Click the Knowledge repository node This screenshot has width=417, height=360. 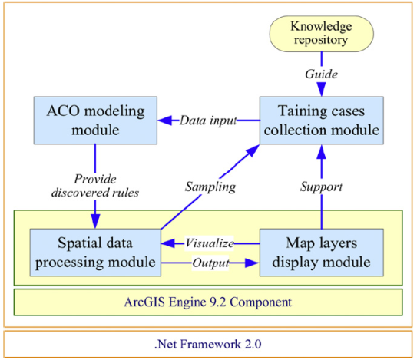pos(322,34)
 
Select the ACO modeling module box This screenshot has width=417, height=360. pos(95,121)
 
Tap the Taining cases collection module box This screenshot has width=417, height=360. pos(322,121)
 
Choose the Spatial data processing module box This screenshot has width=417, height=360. pos(95,253)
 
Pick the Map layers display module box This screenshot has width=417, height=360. pos(322,253)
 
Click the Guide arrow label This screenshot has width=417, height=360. pos(322,74)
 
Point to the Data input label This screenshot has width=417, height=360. pos(208,121)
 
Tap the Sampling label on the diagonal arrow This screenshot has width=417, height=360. pos(210,187)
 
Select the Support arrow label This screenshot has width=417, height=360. pos(322,187)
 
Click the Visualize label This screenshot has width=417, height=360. pos(210,243)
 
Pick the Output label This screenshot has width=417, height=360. pos(210,263)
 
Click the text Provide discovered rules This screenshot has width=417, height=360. pos(95,186)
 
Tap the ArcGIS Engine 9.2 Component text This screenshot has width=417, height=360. pos(208,302)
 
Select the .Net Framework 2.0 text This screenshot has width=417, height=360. pos(208,344)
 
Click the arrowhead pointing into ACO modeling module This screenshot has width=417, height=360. pos(165,121)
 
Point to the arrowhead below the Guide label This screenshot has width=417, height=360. pos(322,89)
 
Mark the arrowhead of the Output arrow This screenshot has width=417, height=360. pos(252,263)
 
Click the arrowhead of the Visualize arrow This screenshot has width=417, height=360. pos(168,243)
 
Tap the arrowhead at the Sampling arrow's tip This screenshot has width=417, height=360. pos(253,150)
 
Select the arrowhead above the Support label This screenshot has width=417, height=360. pos(322,152)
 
